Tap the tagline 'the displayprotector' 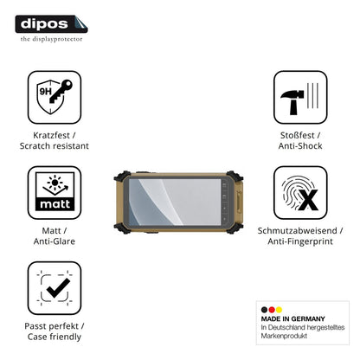coord(51,39)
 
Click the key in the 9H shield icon coord(61,91)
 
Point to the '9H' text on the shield coord(45,92)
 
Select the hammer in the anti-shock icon coord(292,101)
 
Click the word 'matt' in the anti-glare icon coord(55,204)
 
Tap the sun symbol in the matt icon coord(55,182)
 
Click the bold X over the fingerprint coord(308,200)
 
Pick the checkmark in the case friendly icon coord(58,288)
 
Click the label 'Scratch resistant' coord(55,146)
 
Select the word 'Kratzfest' coord(51,135)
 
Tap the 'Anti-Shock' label coord(300,146)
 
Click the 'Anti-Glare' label coord(55,241)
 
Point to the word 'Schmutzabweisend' coord(297,230)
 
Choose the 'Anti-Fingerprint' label coord(300,241)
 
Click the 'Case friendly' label coord(55,337)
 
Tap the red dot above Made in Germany coord(272,310)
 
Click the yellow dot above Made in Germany coord(279,310)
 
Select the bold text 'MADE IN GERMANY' coord(292,318)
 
